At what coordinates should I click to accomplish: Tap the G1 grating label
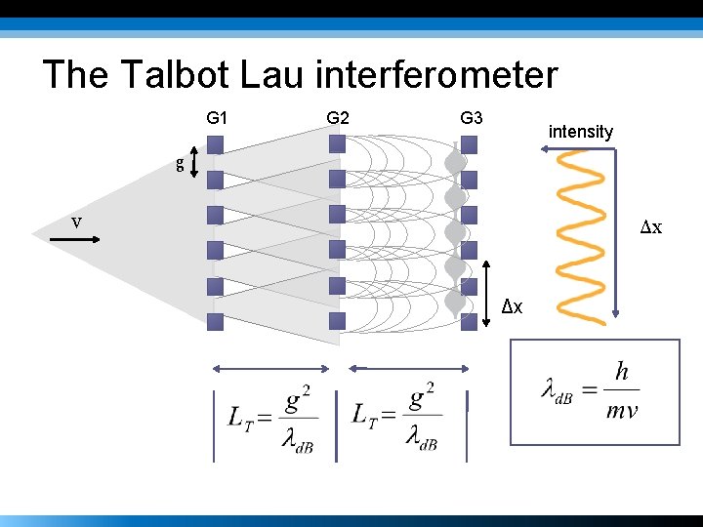tap(217, 118)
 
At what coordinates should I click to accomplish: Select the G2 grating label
tap(338, 118)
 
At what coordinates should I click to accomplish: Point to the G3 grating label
tap(471, 118)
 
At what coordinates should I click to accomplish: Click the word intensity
tap(581, 131)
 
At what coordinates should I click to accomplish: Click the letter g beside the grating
tap(180, 164)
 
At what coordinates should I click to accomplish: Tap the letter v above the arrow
tap(76, 222)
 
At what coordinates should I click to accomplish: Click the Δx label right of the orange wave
tap(651, 227)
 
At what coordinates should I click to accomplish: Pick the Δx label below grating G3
tap(513, 307)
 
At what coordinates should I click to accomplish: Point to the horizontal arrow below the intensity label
tap(576, 149)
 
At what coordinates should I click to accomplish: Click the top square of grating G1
tap(216, 144)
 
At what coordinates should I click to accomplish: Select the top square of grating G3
tap(469, 144)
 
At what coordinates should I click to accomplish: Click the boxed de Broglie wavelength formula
tap(594, 390)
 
